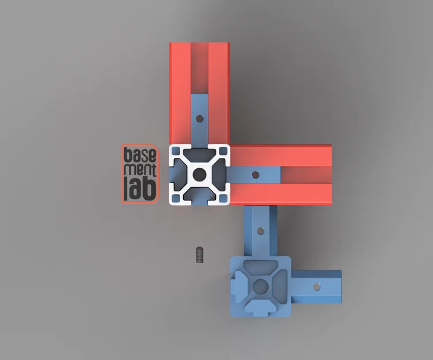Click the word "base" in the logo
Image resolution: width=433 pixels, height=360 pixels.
coord(140,155)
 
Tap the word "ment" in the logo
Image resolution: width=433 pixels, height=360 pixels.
coord(140,170)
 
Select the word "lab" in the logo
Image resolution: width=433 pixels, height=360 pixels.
coord(140,188)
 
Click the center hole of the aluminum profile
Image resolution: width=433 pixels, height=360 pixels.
coord(199,175)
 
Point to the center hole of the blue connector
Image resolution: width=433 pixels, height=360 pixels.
coord(260,286)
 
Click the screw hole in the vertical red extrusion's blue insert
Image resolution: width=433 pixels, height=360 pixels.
coord(199,119)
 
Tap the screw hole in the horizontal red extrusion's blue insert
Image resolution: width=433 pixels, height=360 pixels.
coord(256,175)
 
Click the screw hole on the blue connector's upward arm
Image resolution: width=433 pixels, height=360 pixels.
coord(260,231)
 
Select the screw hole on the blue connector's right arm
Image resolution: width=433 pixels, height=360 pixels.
coord(317,287)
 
